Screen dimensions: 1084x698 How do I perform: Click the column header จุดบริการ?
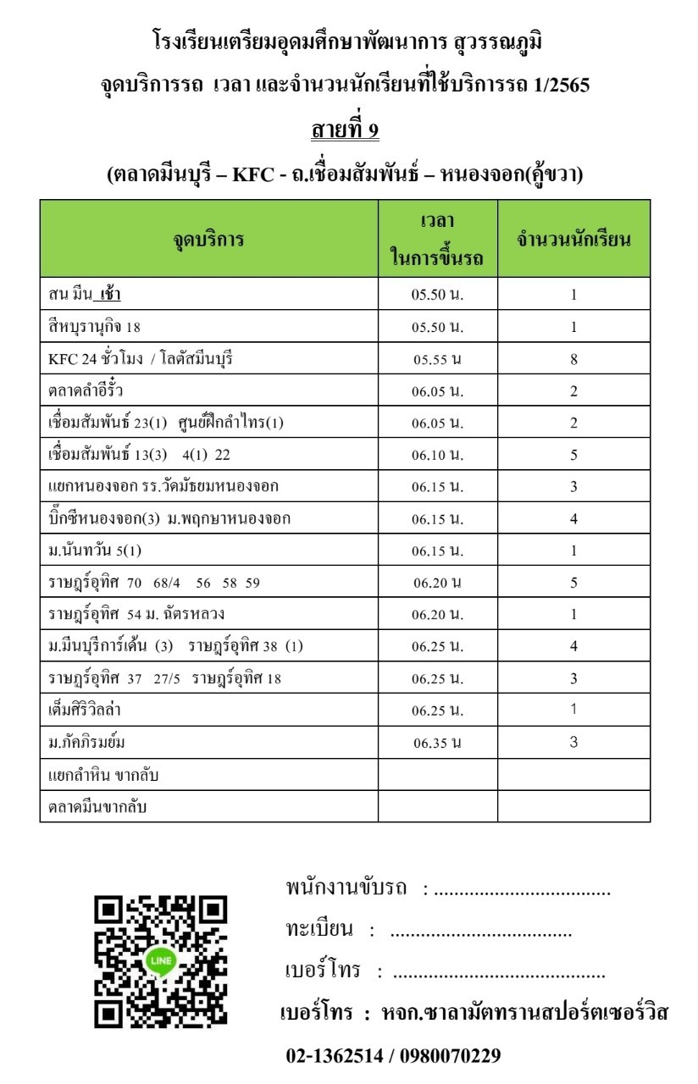208,240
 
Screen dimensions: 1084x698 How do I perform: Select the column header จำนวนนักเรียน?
573,240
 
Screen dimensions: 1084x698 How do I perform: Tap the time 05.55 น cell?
437,359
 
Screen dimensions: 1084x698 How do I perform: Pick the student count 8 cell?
573,359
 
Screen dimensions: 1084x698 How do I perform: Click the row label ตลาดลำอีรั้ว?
87,390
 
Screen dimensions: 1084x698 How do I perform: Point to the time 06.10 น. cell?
437,455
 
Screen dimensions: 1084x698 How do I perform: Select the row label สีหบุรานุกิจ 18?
95,327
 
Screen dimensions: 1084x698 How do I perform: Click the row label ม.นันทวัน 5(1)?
95,550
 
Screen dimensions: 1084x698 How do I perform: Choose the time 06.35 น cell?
437,743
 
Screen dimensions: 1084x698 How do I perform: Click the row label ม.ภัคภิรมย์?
87,743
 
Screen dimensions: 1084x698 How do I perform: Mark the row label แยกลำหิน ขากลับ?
104,775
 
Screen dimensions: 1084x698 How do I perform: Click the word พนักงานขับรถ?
346,888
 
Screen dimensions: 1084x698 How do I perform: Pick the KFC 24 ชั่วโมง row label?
141,359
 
